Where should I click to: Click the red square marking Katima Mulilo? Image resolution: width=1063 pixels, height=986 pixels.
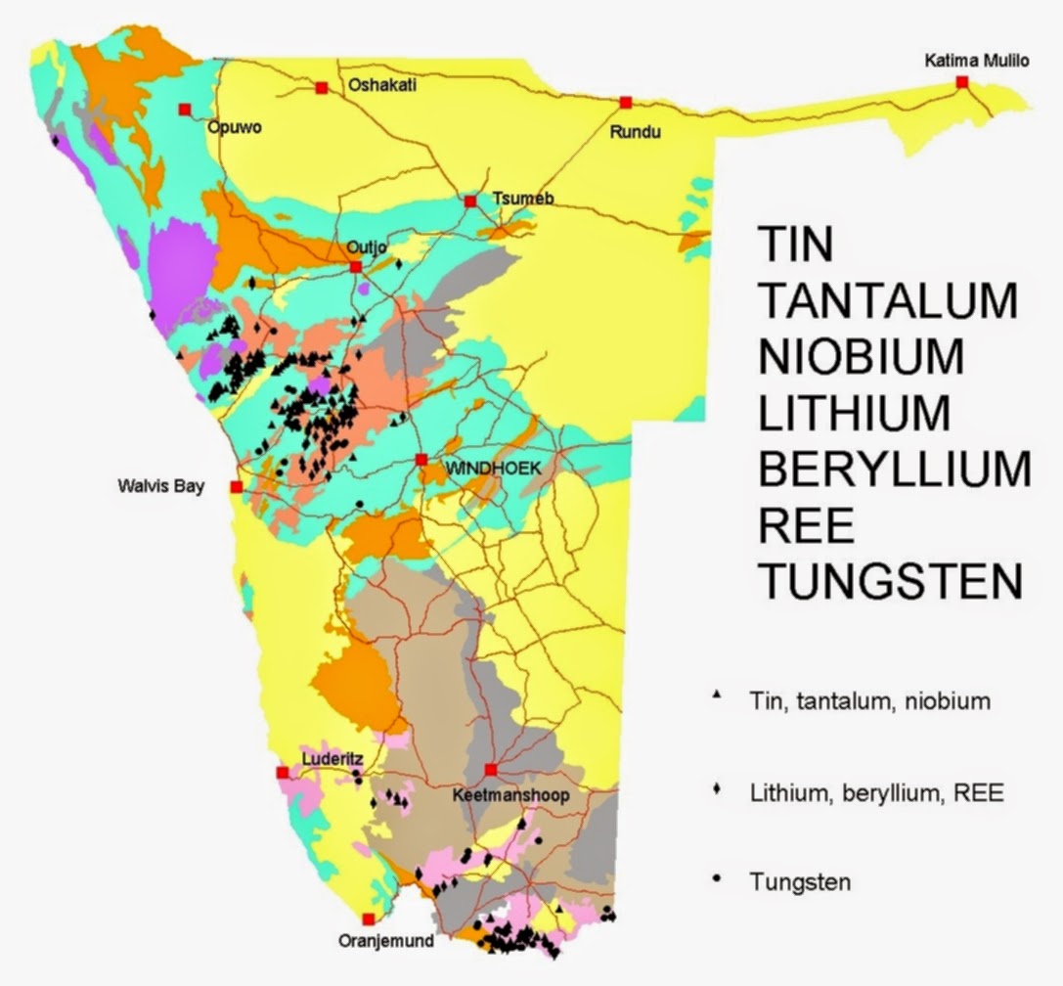pos(962,83)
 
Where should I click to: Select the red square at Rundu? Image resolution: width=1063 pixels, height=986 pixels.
pos(625,102)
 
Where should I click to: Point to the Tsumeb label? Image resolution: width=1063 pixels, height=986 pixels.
pos(523,199)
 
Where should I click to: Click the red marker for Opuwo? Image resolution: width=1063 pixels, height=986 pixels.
pos(184,110)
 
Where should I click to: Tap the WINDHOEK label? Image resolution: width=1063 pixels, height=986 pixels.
pos(493,469)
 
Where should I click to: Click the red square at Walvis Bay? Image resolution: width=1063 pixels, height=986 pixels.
pos(236,486)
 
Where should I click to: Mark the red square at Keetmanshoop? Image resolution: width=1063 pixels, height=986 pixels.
pos(491,769)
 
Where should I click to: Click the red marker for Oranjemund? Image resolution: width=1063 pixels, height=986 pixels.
pos(368,919)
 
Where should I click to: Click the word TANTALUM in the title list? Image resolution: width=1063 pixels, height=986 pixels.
pos(888,299)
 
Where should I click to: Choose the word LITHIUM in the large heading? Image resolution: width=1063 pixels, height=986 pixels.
pos(854,413)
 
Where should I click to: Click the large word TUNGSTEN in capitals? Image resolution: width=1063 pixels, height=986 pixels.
pos(891,583)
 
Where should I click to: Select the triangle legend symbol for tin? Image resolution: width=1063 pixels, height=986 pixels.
pos(717,695)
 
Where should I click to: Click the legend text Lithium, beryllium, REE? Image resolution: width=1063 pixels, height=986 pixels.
pos(877,792)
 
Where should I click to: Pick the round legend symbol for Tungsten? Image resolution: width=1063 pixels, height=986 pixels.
pos(717,879)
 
